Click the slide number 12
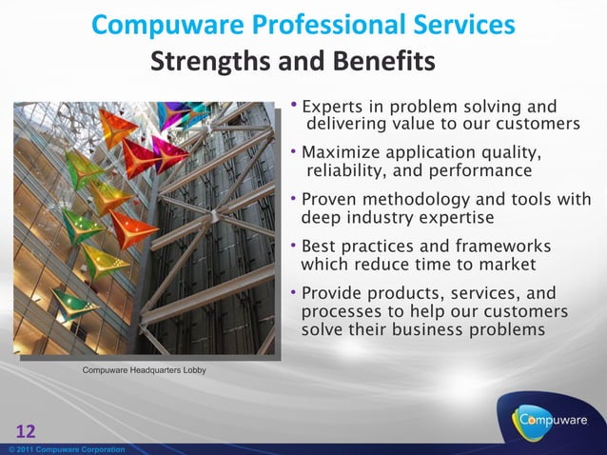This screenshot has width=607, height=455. click(x=25, y=431)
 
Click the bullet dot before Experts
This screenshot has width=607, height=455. click(x=294, y=103)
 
